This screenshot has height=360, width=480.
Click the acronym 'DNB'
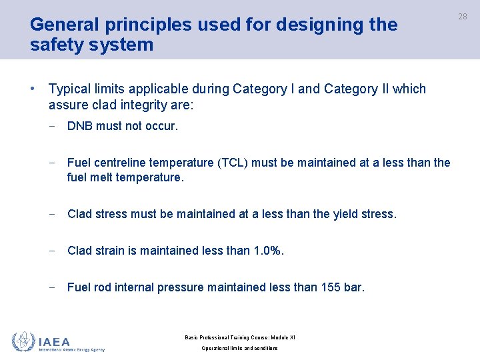[x=81, y=125]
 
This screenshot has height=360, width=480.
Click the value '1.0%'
[x=269, y=251]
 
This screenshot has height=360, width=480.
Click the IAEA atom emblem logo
[x=23, y=341]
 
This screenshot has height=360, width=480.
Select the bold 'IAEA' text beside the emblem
[x=55, y=341]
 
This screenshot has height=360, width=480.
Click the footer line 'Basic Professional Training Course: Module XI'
[x=239, y=337]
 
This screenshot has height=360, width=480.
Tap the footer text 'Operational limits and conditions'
[x=239, y=349]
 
